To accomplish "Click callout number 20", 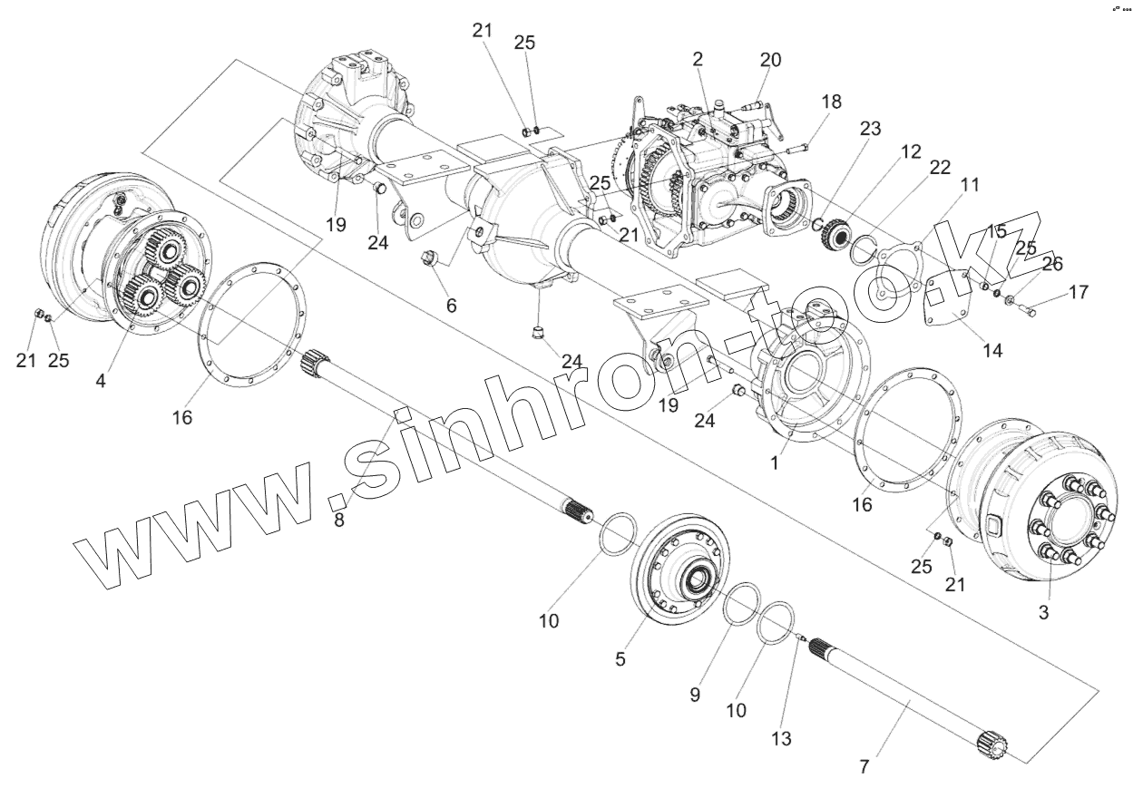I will coord(770,60).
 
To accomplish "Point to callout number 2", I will coord(697,60).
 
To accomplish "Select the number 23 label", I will coord(870,130).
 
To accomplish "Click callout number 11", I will coord(971,185).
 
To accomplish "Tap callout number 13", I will coord(781,739).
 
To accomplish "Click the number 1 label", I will coord(775,462).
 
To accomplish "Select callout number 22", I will coord(940,168).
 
